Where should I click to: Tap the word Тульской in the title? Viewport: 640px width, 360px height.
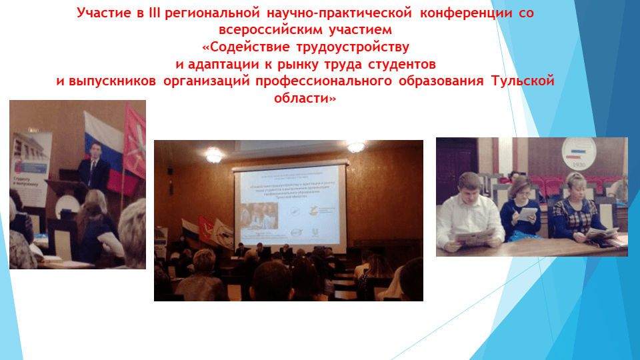coord(523,81)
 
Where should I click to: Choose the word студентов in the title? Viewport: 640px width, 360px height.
coord(403,65)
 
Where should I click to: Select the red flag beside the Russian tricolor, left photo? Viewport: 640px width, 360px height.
coord(135,147)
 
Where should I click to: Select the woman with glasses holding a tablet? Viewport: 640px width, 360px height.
coord(521,207)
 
